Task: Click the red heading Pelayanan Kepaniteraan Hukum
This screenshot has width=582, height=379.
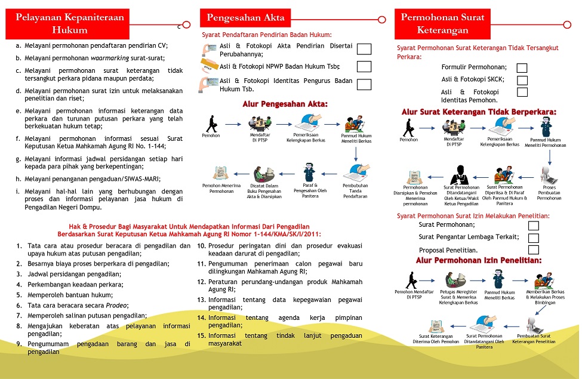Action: (x=70, y=23)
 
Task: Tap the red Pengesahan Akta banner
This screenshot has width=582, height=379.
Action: (x=245, y=17)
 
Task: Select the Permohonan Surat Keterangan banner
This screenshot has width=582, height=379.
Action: (x=442, y=23)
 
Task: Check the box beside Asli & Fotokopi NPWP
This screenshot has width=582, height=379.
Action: (x=364, y=67)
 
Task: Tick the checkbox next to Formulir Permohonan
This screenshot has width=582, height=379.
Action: (x=522, y=67)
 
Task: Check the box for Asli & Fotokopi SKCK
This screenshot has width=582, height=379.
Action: (x=522, y=80)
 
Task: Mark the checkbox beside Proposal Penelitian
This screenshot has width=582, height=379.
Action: (x=533, y=249)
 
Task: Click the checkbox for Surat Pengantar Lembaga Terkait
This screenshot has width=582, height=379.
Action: (x=533, y=238)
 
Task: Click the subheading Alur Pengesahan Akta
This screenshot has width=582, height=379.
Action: (x=285, y=104)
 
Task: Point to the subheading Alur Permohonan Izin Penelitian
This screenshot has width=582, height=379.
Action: (x=479, y=261)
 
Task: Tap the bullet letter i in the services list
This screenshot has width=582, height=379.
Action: (x=19, y=192)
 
